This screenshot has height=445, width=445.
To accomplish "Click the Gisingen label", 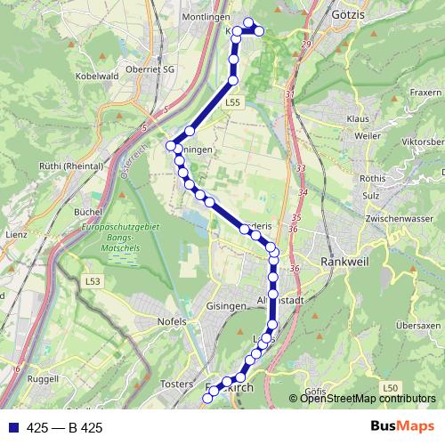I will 225,305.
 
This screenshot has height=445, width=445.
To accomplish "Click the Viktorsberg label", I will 423,141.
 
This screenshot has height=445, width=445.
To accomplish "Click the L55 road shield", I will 232,103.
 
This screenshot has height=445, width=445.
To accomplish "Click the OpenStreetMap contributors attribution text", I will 368,399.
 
